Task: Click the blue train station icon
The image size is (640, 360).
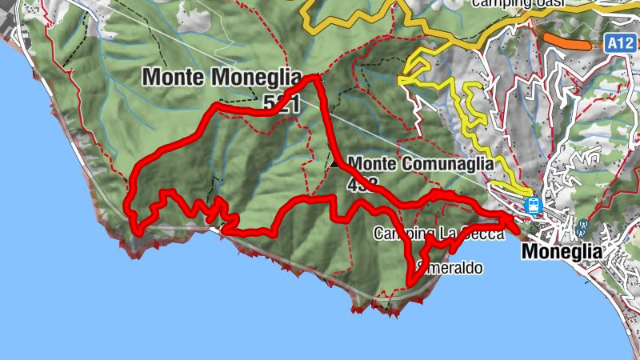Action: tap(533, 206)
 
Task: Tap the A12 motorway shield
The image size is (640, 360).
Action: tap(616, 42)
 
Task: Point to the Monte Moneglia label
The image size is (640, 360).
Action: tap(222, 78)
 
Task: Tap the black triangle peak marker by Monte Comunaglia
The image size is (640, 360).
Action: tap(333, 163)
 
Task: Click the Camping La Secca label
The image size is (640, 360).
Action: tap(439, 234)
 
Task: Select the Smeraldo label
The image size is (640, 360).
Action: tap(450, 269)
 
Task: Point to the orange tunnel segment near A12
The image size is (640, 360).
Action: tap(566, 41)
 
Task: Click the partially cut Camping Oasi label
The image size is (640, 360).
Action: tap(518, 3)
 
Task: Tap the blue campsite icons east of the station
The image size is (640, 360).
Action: tap(582, 229)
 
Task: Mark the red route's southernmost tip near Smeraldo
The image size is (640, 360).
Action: tap(409, 282)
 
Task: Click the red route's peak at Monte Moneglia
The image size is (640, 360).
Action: tap(314, 78)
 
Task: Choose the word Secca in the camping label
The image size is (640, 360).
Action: tap(486, 234)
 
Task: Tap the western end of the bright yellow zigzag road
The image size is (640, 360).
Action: tap(400, 80)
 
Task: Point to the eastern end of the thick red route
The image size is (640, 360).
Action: tap(516, 230)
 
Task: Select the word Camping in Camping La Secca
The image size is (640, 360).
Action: tap(402, 234)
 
